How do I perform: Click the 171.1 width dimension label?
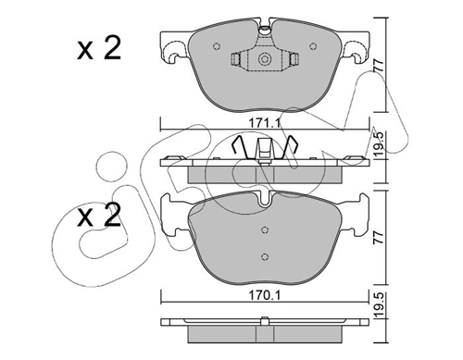(x=265, y=123)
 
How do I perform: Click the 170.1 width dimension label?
(x=265, y=296)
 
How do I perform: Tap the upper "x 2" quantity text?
(x=99, y=49)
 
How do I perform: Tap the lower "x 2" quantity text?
(x=99, y=216)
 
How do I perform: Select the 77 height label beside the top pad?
(x=379, y=66)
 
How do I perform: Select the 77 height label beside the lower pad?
(x=379, y=237)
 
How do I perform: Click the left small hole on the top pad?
(x=217, y=46)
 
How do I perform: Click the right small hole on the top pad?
(x=313, y=46)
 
